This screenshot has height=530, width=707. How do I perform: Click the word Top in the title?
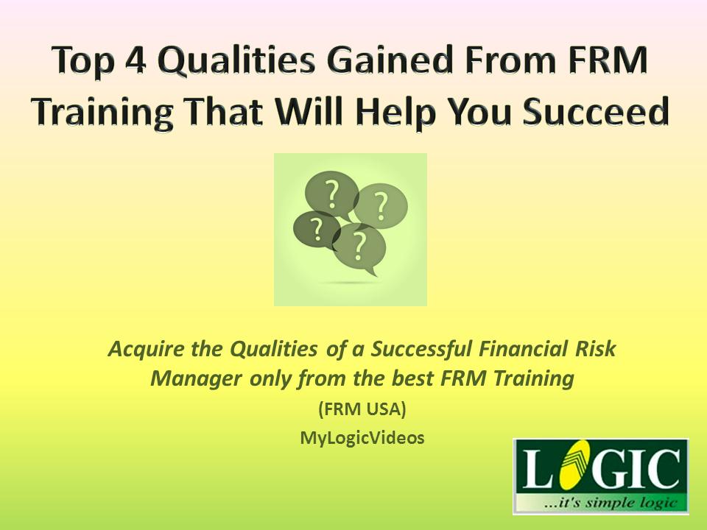82,62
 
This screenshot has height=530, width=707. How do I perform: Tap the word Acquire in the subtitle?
146,349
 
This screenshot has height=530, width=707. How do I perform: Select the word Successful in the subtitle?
421,349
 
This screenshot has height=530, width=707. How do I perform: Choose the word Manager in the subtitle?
197,379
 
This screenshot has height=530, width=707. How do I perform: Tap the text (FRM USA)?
362,409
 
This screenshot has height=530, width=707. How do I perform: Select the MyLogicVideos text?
362,437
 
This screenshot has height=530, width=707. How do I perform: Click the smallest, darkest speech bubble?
317,229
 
